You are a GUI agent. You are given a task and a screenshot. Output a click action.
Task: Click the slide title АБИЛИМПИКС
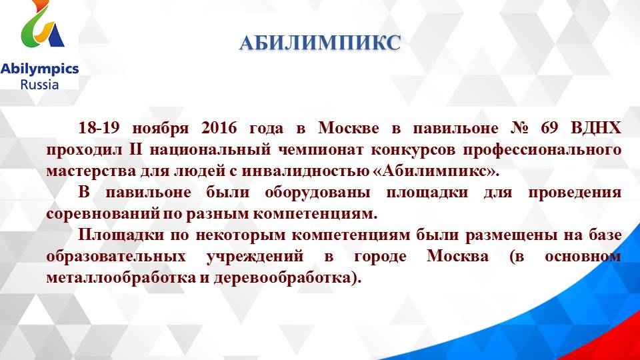point(320,43)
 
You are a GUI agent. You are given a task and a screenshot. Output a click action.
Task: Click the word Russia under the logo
point(39,85)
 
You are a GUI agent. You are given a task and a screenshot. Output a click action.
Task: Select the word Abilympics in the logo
point(39,69)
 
